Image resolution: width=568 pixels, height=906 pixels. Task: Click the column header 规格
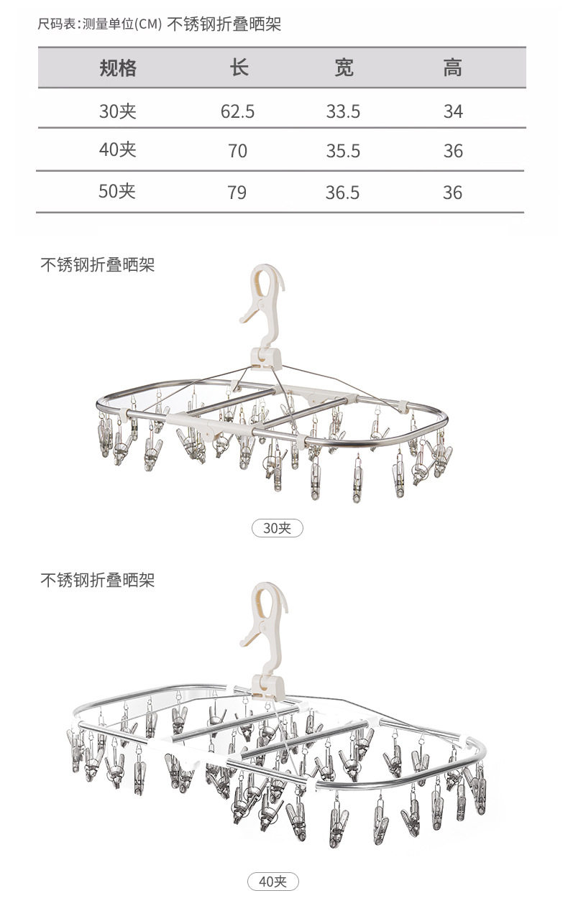tap(118, 69)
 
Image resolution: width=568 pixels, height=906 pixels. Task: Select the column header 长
tap(239, 69)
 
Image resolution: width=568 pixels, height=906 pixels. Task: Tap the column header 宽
tap(344, 69)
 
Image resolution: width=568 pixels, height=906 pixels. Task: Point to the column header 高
tap(452, 69)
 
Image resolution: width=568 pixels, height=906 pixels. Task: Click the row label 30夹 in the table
tap(118, 111)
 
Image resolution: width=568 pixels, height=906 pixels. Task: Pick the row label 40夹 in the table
tap(118, 150)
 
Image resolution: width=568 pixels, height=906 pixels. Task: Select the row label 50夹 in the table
tap(117, 192)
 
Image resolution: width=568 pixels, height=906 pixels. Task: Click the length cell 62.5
tap(237, 111)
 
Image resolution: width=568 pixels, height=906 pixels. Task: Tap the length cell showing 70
tap(237, 151)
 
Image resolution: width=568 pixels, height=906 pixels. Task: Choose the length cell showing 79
tap(237, 193)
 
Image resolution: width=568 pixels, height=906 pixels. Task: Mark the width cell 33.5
tap(343, 111)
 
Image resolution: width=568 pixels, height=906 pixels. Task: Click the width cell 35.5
tap(343, 151)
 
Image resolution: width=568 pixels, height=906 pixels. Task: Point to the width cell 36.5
tap(343, 193)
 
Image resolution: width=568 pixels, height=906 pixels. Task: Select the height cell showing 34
tap(453, 111)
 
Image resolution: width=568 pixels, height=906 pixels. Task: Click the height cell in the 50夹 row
tap(452, 193)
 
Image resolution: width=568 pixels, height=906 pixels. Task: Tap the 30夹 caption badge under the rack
tap(278, 528)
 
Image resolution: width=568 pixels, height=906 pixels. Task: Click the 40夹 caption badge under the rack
tap(272, 881)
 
